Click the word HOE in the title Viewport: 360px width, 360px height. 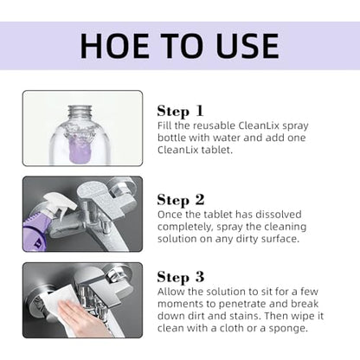pos(115,46)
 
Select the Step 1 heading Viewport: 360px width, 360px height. pos(180,112)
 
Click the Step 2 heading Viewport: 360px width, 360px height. pos(181,200)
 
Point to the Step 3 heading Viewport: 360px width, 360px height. pos(181,277)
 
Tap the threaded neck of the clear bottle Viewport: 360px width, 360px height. pos(80,112)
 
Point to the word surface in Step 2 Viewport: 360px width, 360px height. pos(280,239)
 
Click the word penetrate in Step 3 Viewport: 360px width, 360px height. pos(243,305)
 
